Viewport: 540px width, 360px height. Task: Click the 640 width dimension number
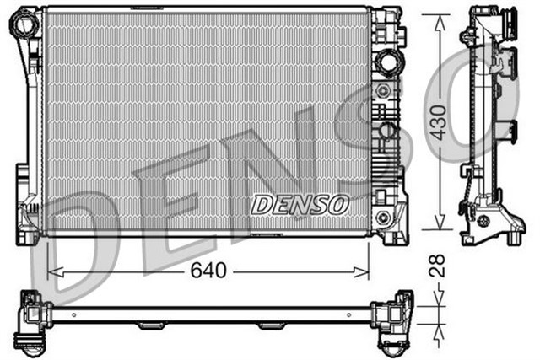click(208, 271)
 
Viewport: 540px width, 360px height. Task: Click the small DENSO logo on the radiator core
click(300, 204)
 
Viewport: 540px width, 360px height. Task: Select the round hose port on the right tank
click(388, 62)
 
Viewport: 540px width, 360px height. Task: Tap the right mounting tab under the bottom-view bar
click(271, 325)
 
